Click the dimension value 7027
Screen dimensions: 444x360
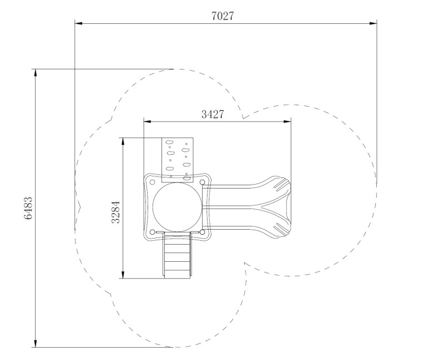223,16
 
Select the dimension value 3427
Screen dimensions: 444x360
213,114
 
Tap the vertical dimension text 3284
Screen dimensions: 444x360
115,212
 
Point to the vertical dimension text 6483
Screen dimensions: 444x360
28,209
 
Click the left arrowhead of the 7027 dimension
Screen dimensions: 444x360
78,23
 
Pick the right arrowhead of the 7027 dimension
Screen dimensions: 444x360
373,23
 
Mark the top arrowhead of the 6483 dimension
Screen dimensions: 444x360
36,73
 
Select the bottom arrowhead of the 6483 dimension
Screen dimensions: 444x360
36,343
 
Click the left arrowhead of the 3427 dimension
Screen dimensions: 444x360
148,121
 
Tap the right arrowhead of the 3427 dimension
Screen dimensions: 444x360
287,121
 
